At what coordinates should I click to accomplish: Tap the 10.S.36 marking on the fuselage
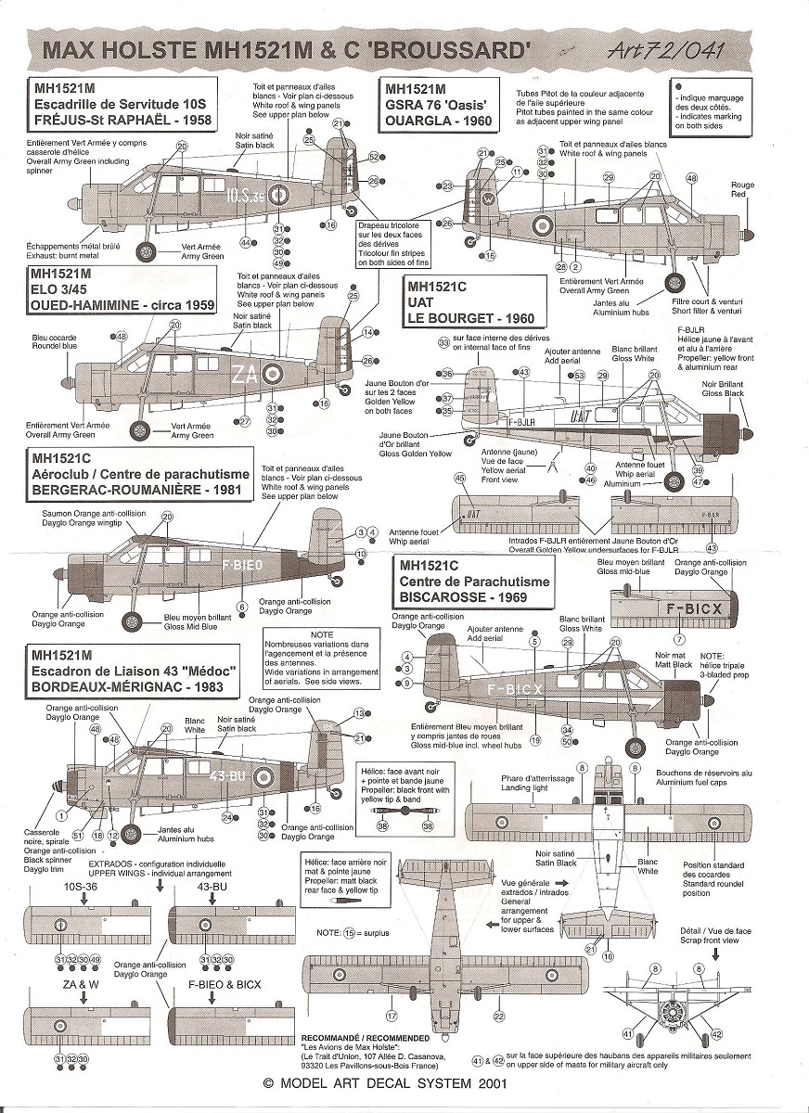click(246, 196)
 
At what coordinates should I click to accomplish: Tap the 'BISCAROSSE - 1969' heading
click(463, 597)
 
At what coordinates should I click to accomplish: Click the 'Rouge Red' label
click(743, 190)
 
